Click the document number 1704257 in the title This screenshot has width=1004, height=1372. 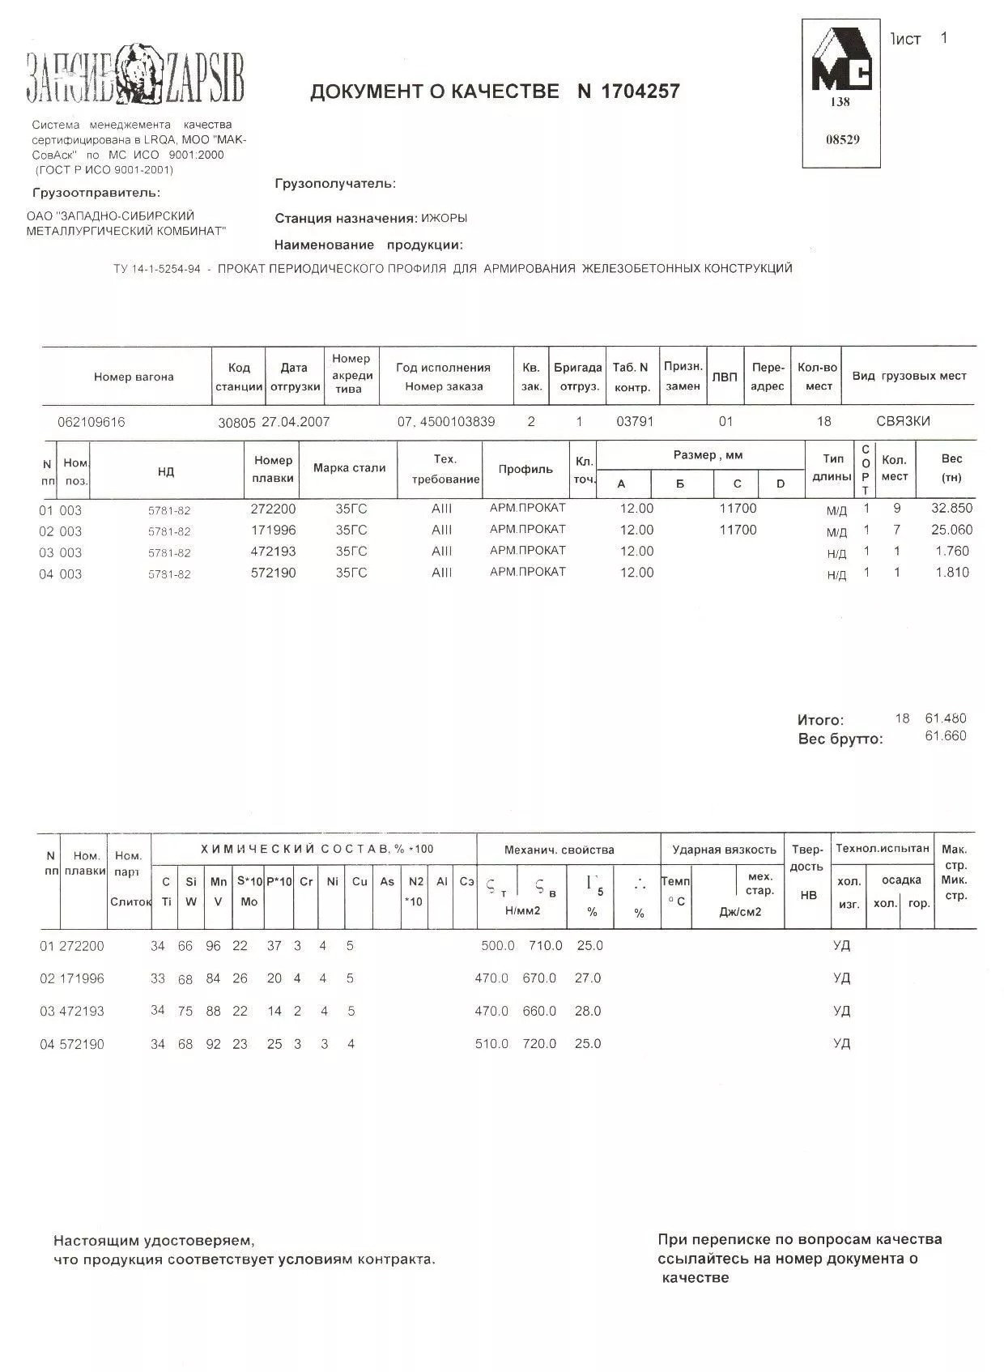(640, 91)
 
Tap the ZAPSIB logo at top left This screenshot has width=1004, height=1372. (135, 76)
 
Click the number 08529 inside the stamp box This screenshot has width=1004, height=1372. (842, 139)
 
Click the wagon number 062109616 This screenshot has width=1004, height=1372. (91, 422)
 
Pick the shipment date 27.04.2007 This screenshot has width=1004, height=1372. (296, 422)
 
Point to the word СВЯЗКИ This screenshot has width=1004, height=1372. (903, 421)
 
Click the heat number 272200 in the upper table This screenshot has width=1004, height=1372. (273, 509)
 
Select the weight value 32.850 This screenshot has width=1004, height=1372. (951, 509)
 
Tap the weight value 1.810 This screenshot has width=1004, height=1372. (952, 573)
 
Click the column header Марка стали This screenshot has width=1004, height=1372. (349, 468)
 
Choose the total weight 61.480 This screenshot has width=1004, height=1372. (945, 718)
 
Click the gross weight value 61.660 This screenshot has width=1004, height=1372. (945, 736)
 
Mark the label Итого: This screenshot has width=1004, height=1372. (820, 719)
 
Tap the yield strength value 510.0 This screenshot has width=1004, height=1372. (491, 1044)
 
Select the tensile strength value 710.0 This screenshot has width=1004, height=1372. (545, 945)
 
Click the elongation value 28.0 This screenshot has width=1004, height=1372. (588, 1011)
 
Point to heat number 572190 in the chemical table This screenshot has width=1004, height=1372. (82, 1045)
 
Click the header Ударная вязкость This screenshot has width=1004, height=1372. (724, 850)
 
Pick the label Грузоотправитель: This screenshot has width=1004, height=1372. (96, 193)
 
